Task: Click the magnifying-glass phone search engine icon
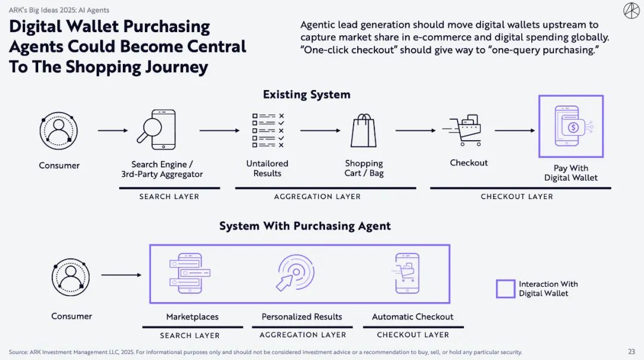pyautogui.click(x=156, y=129)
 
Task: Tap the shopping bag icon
pyautogui.click(x=364, y=130)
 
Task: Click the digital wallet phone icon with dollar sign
pyautogui.click(x=571, y=126)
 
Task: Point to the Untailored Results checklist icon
pyautogui.click(x=268, y=130)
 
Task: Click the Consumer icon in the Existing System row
pyautogui.click(x=58, y=131)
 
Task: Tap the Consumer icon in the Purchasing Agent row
pyautogui.click(x=71, y=277)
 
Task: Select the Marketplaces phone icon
pyautogui.click(x=187, y=274)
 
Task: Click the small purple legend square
pyautogui.click(x=505, y=288)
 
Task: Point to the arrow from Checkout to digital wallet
pyautogui.click(x=515, y=131)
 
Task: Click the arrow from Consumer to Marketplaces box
pyautogui.click(x=121, y=275)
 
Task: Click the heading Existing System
pyautogui.click(x=306, y=94)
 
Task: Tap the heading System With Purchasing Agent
pyautogui.click(x=305, y=226)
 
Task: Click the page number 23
pyautogui.click(x=631, y=352)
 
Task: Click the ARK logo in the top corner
pyautogui.click(x=631, y=11)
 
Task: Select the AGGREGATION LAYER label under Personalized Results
pyautogui.click(x=303, y=335)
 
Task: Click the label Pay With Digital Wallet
pyautogui.click(x=571, y=173)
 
